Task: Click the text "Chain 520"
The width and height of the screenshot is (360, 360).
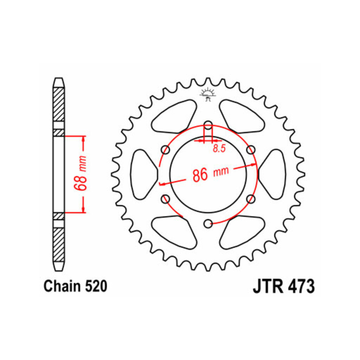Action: [75, 286]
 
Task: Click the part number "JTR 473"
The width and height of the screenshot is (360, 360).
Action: [284, 286]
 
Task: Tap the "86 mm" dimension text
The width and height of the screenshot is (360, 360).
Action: [211, 174]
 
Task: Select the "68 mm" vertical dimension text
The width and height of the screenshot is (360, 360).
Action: [81, 173]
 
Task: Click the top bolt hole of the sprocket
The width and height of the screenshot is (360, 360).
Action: [208, 126]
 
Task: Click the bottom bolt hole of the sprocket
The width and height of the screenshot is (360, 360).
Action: [208, 224]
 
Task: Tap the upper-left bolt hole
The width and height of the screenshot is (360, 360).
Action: [165, 150]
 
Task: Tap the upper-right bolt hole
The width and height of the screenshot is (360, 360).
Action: [251, 150]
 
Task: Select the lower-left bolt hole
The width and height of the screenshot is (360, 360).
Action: [165, 199]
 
